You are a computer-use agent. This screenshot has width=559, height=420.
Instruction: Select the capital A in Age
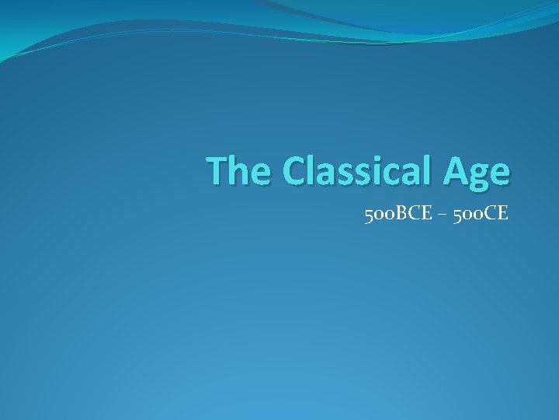(457, 171)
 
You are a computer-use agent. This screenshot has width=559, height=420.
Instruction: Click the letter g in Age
(481, 176)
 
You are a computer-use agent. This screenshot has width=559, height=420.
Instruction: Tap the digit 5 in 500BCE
(367, 212)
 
